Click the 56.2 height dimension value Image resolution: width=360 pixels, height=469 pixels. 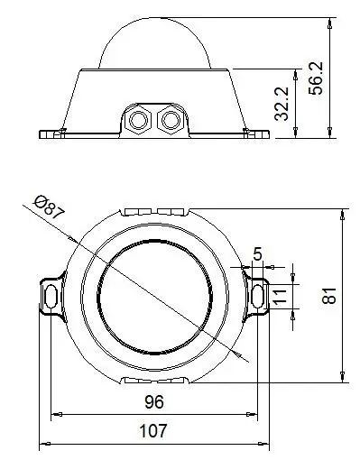tap(316, 78)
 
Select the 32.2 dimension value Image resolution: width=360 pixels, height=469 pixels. tap(282, 104)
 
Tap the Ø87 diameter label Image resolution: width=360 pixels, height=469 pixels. tap(50, 207)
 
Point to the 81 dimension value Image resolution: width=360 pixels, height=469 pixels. tap(329, 296)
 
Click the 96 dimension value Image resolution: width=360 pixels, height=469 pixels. tap(154, 402)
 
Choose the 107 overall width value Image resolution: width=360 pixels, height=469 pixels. tap(153, 430)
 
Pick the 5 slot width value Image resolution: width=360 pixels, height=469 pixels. tap(258, 254)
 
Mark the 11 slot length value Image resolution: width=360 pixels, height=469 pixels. tap(279, 297)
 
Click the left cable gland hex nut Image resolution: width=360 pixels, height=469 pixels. tap(139, 120)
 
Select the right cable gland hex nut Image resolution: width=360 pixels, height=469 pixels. tap(171, 120)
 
